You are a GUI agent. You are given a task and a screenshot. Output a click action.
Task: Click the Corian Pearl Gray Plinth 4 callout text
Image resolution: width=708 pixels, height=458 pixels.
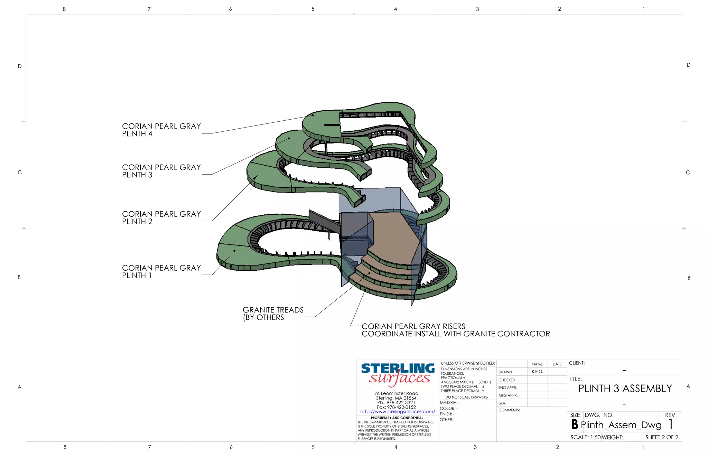[x=161, y=130]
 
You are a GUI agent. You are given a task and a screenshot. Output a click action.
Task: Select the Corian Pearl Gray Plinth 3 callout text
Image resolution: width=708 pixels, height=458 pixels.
[x=161, y=171]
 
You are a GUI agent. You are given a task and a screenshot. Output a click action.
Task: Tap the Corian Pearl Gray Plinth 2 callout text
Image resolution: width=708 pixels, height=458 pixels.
[x=161, y=218]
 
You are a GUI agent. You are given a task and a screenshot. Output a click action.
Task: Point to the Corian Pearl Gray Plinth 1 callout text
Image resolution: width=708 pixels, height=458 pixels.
[x=161, y=272]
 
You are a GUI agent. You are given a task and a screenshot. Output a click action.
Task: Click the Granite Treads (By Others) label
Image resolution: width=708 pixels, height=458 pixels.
[x=273, y=314]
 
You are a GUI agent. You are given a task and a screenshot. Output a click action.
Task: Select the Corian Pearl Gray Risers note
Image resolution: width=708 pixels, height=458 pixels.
[x=455, y=330]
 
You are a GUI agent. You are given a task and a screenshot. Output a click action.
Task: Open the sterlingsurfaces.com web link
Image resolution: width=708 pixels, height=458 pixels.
[x=398, y=412]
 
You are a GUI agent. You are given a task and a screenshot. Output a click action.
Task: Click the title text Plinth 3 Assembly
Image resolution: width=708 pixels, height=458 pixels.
[x=625, y=389]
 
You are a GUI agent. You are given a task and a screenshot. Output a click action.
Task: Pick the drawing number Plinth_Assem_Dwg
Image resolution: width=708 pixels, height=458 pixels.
[x=621, y=425]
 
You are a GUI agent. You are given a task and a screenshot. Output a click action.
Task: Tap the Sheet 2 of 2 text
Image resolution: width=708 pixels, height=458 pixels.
[x=661, y=437]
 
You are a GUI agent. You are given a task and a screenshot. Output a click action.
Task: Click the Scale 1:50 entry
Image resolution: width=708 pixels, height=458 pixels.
[x=585, y=437]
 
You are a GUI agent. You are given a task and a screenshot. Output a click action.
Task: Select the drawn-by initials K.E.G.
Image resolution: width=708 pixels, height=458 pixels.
[x=537, y=372]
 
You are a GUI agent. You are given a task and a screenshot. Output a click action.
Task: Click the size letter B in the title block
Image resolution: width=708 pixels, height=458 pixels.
[x=575, y=424]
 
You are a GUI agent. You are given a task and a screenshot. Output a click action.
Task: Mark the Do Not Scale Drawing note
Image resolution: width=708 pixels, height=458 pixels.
[x=466, y=397]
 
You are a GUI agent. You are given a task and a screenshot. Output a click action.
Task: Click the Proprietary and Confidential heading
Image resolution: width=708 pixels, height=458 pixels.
[x=397, y=418]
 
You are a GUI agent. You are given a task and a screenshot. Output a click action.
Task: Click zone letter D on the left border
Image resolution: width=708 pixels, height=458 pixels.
[x=20, y=66]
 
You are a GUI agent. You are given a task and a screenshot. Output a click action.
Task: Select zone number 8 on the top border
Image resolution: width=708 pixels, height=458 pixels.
[x=64, y=9]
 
